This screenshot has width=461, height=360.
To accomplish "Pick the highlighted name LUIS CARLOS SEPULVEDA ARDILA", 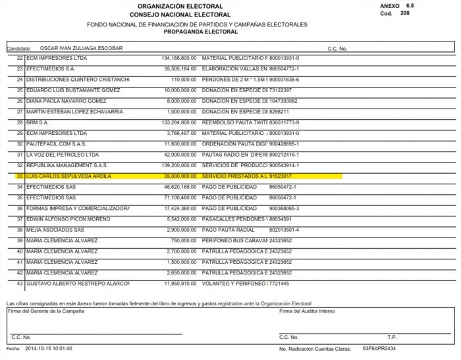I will (x=65, y=176).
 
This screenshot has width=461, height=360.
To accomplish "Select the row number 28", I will (x=20, y=122).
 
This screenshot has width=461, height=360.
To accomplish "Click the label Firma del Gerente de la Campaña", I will (x=44, y=310).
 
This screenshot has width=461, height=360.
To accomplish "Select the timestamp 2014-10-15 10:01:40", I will (x=49, y=348).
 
